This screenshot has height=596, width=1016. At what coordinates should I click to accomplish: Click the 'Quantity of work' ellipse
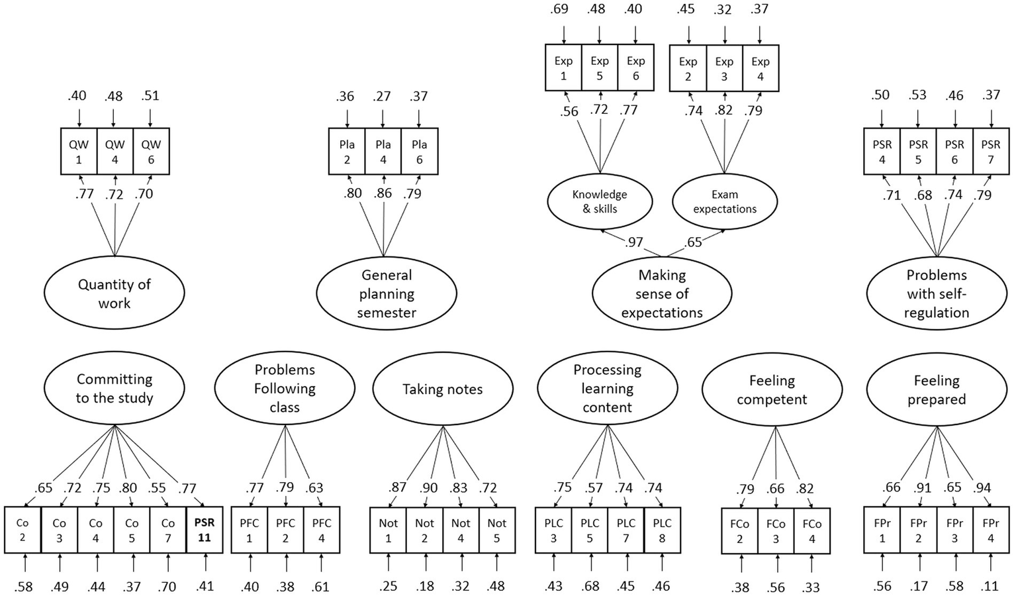(x=115, y=293)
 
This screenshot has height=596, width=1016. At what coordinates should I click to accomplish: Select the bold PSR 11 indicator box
(x=205, y=530)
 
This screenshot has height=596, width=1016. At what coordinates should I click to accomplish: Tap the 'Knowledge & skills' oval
(x=600, y=201)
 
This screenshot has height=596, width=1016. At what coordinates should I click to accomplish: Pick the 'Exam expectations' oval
(x=725, y=201)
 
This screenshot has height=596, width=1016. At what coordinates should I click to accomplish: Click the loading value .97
(x=634, y=242)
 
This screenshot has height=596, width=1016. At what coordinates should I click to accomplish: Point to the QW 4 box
(x=115, y=152)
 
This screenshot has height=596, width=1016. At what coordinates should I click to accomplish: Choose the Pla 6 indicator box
(x=419, y=152)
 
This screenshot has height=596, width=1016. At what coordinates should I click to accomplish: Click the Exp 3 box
(x=724, y=68)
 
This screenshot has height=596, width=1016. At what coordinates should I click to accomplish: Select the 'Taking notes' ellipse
(x=443, y=389)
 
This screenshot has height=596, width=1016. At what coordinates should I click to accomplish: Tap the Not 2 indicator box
(x=424, y=530)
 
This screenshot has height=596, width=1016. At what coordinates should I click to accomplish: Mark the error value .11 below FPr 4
(x=991, y=586)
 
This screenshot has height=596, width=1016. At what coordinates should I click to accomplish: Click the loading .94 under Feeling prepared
(x=982, y=488)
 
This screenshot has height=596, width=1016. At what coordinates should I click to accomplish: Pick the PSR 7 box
(x=991, y=152)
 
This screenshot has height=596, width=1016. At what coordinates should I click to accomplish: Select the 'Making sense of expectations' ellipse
(x=662, y=293)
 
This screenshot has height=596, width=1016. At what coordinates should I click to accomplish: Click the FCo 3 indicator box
(x=776, y=530)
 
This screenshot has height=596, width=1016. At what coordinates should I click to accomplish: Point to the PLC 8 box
(x=662, y=530)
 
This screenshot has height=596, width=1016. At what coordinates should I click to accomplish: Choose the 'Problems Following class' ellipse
(x=285, y=389)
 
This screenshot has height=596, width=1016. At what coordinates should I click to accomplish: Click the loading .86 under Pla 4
(x=383, y=193)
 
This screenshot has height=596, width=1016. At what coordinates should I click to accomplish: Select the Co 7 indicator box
(x=168, y=530)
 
